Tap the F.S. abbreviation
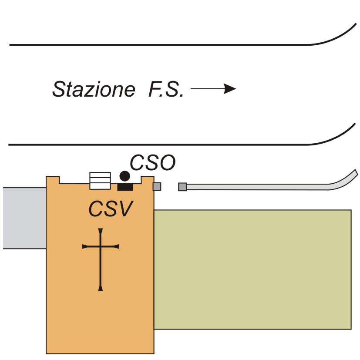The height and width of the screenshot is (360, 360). tap(164, 90)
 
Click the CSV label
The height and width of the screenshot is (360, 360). tap(111, 209)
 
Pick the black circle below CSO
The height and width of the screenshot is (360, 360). tap(125, 176)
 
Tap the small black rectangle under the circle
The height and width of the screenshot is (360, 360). tap(125, 187)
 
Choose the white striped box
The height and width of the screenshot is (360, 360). tap(100, 181)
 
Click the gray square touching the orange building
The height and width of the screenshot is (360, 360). tap(157, 187)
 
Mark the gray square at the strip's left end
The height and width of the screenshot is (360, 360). tap(182, 187)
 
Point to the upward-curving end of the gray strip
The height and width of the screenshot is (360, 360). tap(348, 178)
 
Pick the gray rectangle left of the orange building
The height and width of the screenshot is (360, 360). tap(24, 218)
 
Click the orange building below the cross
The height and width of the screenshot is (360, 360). tap(100, 322)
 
